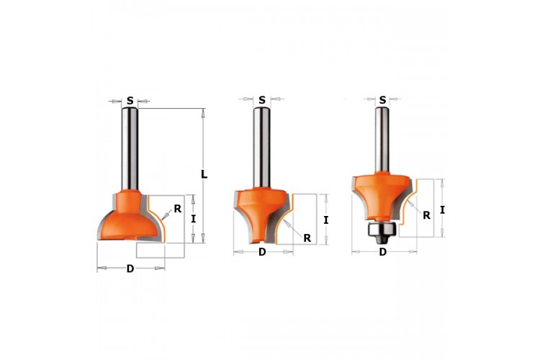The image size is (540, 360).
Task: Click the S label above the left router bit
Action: point(130,101)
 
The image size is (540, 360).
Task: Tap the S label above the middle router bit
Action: point(262,100)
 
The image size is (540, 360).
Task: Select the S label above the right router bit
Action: point(382,100)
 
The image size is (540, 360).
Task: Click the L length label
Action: point(204,175)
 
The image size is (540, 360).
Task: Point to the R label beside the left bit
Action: point(178,208)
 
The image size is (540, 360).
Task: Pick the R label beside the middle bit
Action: point(307,238)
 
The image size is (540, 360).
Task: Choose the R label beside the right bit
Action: point(426,215)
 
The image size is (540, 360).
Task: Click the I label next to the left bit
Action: point(193,219)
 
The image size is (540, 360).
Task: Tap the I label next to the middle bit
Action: point(325,220)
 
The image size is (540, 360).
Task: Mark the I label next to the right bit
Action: point(442,210)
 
